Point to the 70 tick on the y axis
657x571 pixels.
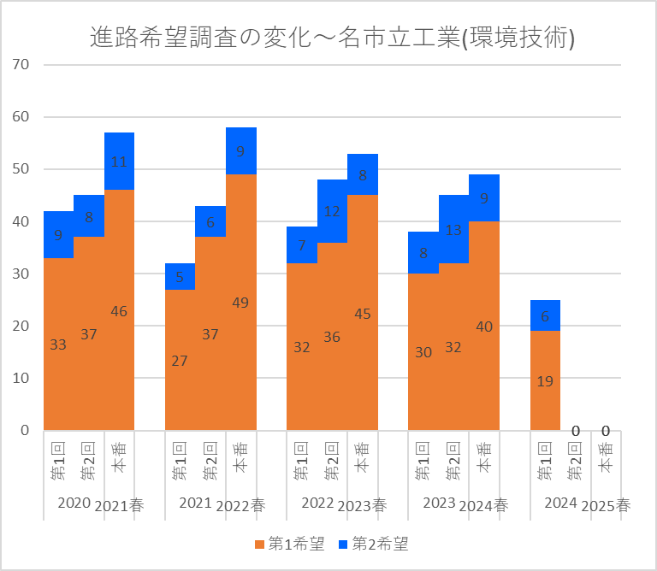click(x=21, y=65)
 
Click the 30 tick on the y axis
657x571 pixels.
click(x=21, y=274)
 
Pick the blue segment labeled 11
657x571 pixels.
click(x=119, y=161)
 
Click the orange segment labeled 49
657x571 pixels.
click(x=241, y=302)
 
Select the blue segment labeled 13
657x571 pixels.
click(x=454, y=229)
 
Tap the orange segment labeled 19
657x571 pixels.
click(x=545, y=380)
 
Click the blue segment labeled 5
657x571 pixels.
click(x=180, y=276)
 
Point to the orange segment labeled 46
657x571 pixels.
click(x=119, y=311)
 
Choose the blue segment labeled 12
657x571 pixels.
click(x=332, y=211)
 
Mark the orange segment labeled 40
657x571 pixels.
click(x=484, y=326)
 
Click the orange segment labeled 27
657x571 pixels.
click(x=180, y=360)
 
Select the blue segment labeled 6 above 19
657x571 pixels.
click(x=545, y=315)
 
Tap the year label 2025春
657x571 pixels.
click(x=606, y=505)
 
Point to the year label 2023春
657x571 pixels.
click(x=363, y=505)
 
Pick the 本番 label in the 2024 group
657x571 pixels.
click(x=606, y=460)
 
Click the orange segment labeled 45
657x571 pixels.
click(x=363, y=313)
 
